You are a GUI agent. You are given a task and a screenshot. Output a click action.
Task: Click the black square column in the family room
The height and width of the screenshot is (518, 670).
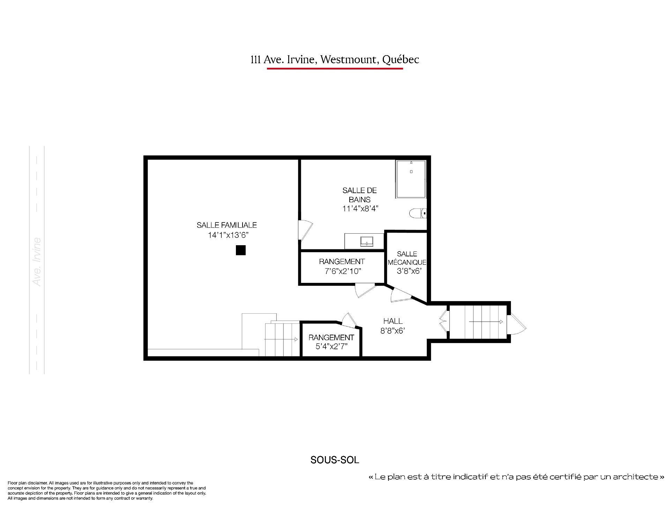tap(240, 250)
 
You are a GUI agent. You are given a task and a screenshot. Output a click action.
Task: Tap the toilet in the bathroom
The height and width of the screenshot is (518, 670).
tap(417, 213)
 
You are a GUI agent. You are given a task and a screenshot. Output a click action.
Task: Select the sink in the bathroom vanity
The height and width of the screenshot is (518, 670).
tap(367, 241)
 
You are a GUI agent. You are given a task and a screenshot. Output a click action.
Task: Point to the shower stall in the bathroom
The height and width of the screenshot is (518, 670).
tap(411, 180)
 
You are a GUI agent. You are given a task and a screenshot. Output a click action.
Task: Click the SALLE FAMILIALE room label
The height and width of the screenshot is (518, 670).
tap(227, 225)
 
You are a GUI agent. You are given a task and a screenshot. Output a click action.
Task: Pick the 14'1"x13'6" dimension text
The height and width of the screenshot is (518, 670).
tap(228, 235)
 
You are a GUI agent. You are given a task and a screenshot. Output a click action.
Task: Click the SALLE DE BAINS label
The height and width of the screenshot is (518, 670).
tap(360, 195)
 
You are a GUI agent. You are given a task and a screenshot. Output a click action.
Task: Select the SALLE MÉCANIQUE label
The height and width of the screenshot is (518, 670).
tap(407, 258)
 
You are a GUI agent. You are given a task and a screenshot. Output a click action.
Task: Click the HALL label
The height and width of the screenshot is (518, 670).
tap(393, 321)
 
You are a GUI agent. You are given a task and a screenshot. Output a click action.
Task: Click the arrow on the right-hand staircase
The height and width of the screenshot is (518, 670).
tap(486, 322)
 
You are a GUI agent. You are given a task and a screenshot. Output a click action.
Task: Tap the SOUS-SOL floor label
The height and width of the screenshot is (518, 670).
tap(335, 460)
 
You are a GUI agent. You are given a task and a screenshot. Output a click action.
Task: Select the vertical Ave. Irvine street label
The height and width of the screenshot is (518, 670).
tap(37, 262)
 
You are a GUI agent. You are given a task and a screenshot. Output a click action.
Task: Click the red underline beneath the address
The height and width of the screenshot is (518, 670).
tap(335, 68)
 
